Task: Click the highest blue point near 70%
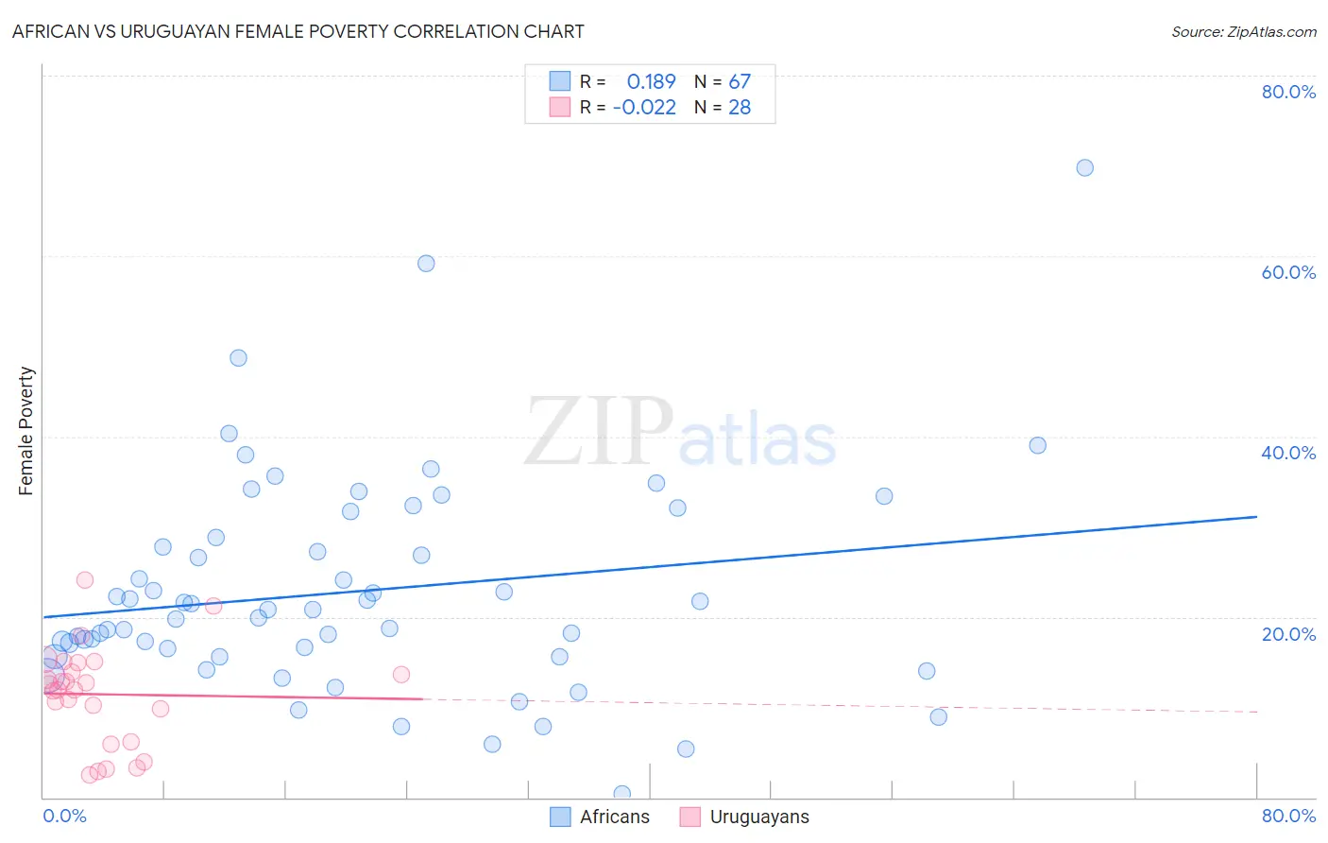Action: click(1084, 167)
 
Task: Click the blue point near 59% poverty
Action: click(426, 264)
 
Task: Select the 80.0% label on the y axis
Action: click(1288, 92)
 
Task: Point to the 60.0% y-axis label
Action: click(1288, 272)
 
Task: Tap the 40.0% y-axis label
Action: click(1288, 453)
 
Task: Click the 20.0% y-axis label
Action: click(1288, 634)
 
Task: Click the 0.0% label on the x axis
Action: click(64, 816)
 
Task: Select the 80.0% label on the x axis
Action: click(1288, 816)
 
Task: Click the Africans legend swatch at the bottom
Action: click(560, 817)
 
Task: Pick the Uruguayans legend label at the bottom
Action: click(758, 817)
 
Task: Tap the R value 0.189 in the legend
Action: click(651, 81)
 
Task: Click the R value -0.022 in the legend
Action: click(644, 108)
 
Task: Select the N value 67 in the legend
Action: click(739, 81)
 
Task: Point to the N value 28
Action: click(739, 108)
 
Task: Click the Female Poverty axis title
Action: click(26, 431)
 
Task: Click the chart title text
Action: click(298, 31)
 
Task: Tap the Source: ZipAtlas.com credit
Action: click(1243, 31)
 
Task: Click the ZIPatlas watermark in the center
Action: click(680, 433)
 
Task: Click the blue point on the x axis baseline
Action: click(621, 794)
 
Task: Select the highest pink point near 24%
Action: click(85, 580)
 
